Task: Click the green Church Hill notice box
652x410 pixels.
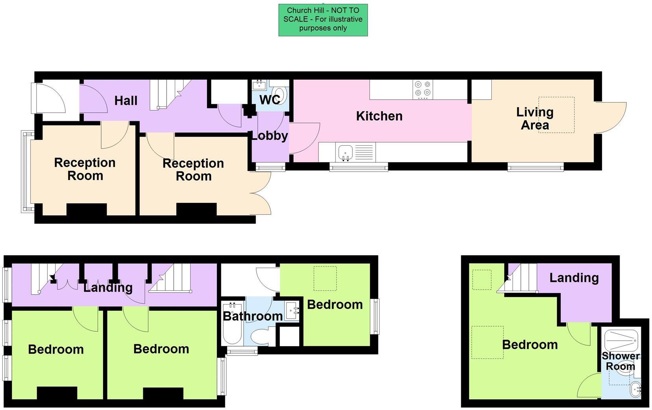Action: coord(323,20)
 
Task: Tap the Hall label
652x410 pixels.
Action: coord(126,101)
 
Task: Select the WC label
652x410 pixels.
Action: coord(270,100)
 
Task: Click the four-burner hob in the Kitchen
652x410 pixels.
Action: coord(422,90)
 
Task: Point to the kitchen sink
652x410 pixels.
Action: coord(346,152)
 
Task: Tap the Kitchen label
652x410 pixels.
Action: coord(380,116)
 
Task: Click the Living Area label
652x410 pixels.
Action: coord(535,119)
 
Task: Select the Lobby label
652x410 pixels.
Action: coord(270,136)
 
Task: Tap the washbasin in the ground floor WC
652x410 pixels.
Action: coord(259,85)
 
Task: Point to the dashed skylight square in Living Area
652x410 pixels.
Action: coord(556,115)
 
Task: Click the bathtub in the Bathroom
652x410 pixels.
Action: coord(232,323)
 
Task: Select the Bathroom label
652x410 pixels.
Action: coord(253,316)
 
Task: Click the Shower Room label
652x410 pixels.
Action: coord(621,361)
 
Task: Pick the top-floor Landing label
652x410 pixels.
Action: coord(574,278)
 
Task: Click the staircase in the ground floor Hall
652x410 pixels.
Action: coord(170,95)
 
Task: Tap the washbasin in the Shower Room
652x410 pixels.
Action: coord(635,390)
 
